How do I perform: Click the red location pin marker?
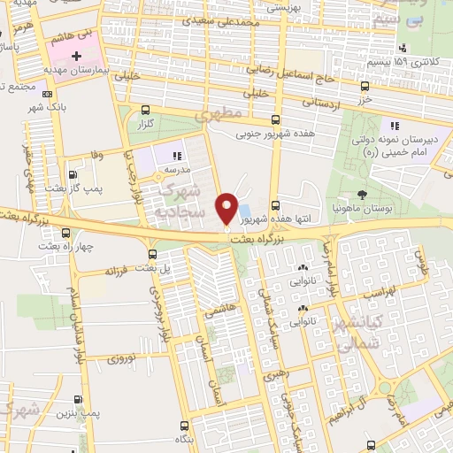(x=226, y=207)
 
